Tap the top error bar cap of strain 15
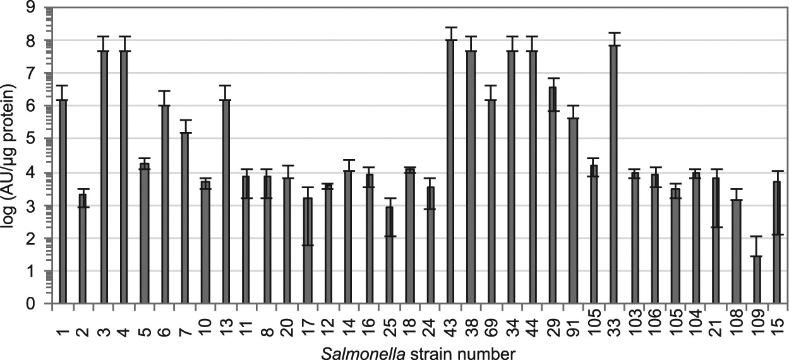pyautogui.click(x=778, y=171)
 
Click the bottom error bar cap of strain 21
pyautogui.click(x=716, y=227)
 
